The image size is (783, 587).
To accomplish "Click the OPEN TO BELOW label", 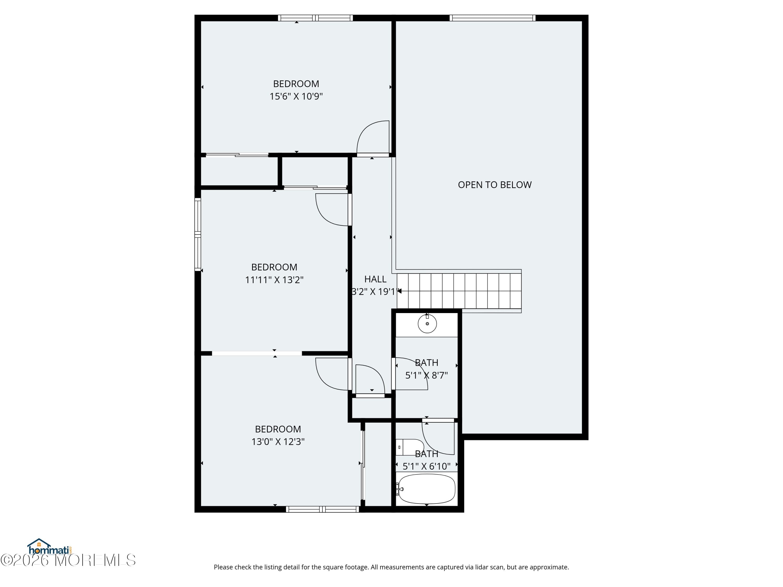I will click(x=495, y=185).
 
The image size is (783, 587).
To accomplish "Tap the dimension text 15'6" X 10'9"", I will click(x=296, y=96).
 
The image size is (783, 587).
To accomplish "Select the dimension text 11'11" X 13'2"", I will click(x=274, y=280).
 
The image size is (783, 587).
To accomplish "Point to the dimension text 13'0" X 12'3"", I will click(x=278, y=442).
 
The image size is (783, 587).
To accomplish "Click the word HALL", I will click(x=375, y=279).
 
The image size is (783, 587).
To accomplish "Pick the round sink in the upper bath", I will click(x=427, y=324).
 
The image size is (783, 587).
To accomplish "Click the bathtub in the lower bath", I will click(x=426, y=489).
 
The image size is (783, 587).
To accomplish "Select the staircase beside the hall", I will click(x=459, y=291).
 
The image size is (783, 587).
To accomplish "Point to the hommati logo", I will click(x=50, y=547).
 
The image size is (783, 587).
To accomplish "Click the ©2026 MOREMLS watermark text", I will click(x=68, y=560).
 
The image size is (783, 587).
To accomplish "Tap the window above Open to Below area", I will click(x=493, y=18).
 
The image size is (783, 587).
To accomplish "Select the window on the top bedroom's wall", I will click(x=315, y=18).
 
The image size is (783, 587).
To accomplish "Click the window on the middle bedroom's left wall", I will click(x=198, y=235).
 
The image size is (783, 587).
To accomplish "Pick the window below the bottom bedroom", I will click(x=323, y=509).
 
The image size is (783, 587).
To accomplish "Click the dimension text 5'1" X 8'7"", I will click(x=426, y=375).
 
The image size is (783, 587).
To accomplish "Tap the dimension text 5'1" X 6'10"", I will click(x=426, y=466).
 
